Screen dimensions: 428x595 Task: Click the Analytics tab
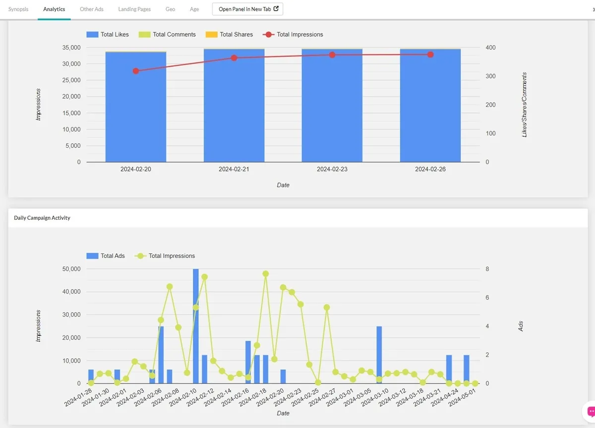(x=54, y=9)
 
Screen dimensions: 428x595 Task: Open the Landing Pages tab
(x=134, y=9)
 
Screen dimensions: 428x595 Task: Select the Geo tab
(x=170, y=9)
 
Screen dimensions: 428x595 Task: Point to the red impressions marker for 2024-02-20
(x=136, y=71)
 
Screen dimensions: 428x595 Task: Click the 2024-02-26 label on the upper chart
(x=430, y=169)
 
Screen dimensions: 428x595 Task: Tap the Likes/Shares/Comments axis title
(x=525, y=105)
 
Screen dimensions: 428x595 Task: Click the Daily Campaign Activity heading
(x=42, y=218)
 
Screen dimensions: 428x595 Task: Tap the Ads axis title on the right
(x=521, y=326)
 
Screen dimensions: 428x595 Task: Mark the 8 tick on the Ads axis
(x=487, y=269)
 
